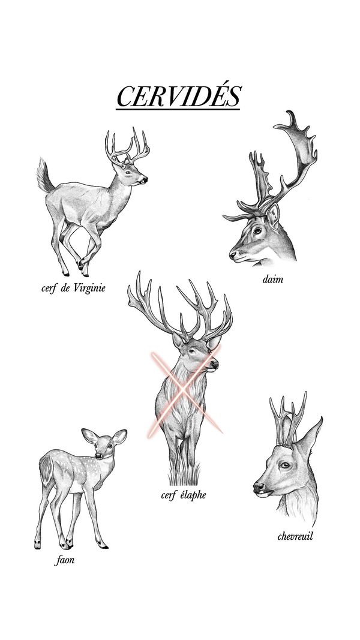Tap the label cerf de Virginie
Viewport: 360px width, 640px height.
coord(73,288)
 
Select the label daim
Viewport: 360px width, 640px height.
coord(272,280)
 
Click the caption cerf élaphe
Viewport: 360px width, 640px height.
coord(183,495)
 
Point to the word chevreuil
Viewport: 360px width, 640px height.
coord(295,536)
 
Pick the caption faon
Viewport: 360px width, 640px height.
coord(64,560)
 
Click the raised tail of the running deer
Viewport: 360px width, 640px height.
coord(44,176)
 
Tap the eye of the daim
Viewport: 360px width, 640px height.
coord(257,231)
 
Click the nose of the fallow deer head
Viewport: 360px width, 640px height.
coord(233,255)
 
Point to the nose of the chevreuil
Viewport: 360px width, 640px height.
coord(259,487)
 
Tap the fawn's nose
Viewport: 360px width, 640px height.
coord(98,455)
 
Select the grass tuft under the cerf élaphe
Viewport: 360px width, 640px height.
coord(184,474)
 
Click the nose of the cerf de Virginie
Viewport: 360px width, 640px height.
coord(145,179)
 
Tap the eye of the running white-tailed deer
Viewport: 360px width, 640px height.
coord(128,172)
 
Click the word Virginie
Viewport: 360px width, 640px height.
coord(90,288)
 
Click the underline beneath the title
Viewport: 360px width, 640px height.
coord(178,109)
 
